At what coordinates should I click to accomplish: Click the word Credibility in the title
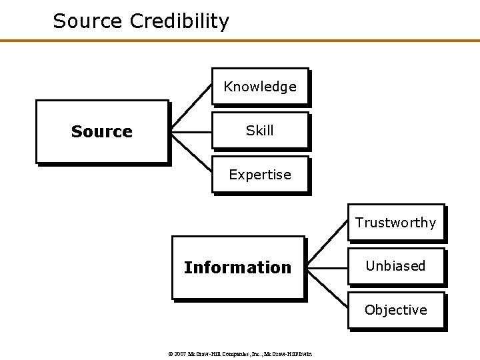pos(179,21)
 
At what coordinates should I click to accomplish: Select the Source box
pos(102,131)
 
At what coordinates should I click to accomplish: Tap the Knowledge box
pos(260,87)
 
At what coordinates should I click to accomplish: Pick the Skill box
pos(260,131)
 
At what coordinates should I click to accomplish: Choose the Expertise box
pos(260,175)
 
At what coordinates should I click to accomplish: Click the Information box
pos(238,267)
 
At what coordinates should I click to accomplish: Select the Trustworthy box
pos(395,223)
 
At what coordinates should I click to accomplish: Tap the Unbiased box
pos(395,266)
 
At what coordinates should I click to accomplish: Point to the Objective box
pos(395,310)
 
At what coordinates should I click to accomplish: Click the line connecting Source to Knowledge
pos(192,107)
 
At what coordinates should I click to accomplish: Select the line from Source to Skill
pos(191,132)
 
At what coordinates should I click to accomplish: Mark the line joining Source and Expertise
pos(192,155)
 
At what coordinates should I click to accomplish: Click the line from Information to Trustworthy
pos(327,244)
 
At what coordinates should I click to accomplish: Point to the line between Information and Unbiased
pos(327,267)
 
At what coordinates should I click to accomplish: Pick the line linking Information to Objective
pos(327,290)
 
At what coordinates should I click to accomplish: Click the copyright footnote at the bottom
pos(239,354)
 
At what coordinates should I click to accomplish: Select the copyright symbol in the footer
pos(169,354)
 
